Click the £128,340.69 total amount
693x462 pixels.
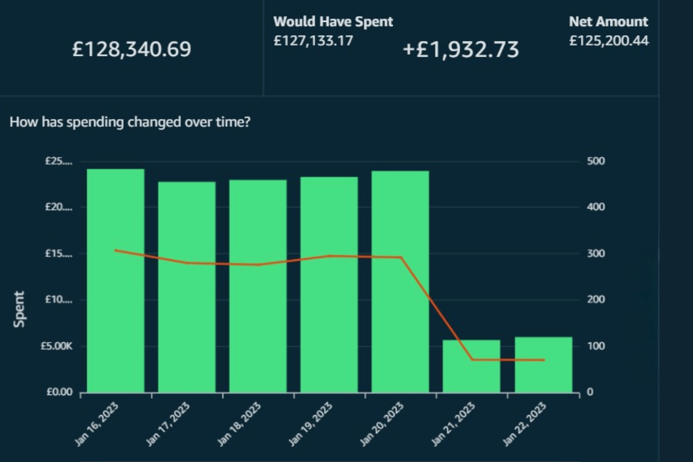132,49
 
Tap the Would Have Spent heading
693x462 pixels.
333,22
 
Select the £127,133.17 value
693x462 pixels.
313,41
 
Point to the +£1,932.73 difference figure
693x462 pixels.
461,50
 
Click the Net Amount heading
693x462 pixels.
608,22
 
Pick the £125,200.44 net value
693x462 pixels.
608,41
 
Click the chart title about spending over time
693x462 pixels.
130,122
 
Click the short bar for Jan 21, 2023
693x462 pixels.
471,366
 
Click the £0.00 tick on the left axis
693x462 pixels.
59,393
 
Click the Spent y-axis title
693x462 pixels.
20,309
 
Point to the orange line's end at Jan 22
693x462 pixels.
543,360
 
